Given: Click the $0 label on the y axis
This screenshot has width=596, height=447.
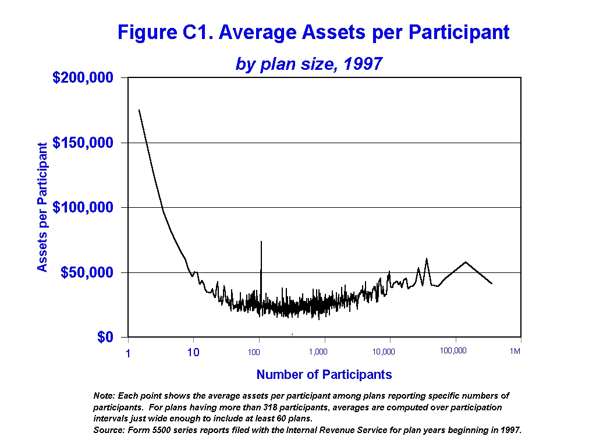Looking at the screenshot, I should click(105, 338).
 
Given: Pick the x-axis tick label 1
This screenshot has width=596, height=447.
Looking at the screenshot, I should click(127, 353).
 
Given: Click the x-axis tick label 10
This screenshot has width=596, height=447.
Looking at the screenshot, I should click(193, 352).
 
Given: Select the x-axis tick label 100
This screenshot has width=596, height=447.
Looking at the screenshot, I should click(253, 352).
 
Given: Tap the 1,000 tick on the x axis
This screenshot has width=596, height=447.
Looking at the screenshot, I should click(318, 352).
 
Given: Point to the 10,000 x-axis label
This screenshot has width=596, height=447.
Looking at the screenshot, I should click(384, 352).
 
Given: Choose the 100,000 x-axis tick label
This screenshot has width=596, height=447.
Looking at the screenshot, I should click(453, 351).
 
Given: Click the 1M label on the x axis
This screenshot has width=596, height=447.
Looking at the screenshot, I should click(515, 351).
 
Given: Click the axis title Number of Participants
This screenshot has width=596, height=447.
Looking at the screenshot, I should click(324, 375).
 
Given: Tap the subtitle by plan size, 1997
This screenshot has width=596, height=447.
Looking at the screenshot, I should click(308, 63).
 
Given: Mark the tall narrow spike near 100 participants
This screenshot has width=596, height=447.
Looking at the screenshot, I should click(261, 244).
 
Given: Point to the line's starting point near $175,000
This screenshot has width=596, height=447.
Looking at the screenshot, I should click(139, 110).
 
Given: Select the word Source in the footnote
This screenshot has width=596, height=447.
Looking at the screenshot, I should click(108, 431).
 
